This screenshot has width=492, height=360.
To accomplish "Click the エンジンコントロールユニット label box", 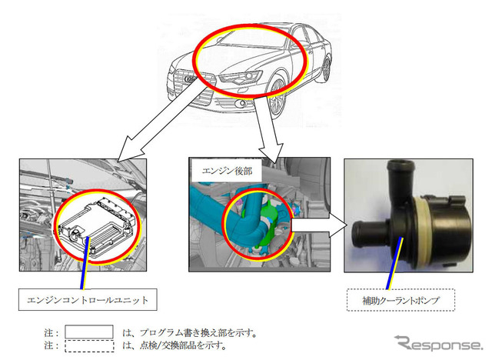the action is [x=88, y=300].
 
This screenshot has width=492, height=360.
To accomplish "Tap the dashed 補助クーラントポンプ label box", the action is [x=401, y=300].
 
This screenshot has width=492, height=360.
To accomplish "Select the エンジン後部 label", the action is [x=227, y=171].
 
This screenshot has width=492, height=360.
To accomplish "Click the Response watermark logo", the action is [x=439, y=343].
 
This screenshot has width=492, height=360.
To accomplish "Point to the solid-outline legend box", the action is [x=89, y=332].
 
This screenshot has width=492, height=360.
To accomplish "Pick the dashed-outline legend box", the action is [x=89, y=345].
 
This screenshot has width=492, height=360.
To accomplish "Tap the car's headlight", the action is [x=241, y=77].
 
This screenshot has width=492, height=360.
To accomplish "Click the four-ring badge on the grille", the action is [x=190, y=79].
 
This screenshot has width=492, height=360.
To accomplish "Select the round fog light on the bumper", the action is [x=241, y=103].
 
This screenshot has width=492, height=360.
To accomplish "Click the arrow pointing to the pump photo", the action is [x=318, y=225].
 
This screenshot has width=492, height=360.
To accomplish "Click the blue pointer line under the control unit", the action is [x=85, y=263].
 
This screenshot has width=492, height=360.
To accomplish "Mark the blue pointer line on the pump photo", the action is [x=394, y=263].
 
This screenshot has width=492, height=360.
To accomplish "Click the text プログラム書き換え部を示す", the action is [x=198, y=333].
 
